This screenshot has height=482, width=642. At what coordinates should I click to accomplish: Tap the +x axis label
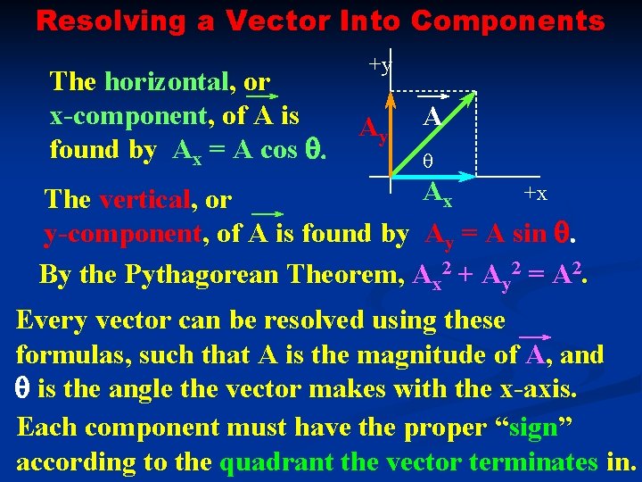click(535, 194)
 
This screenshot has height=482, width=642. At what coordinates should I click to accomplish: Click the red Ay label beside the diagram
click(373, 131)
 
